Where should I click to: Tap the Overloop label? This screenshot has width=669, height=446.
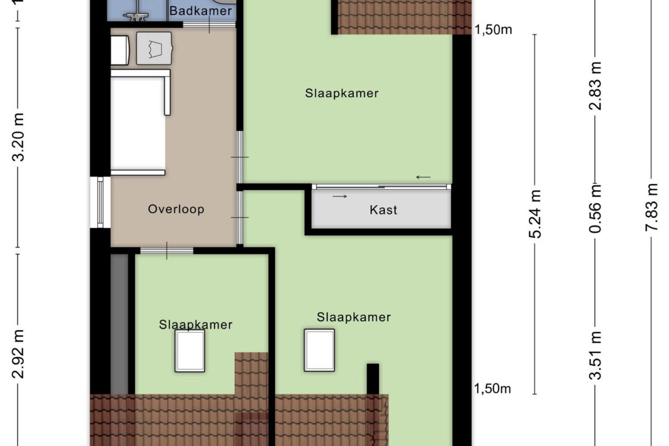(176, 209)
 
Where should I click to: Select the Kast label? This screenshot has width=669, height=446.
(383, 210)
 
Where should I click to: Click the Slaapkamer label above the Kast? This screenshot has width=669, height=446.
(342, 93)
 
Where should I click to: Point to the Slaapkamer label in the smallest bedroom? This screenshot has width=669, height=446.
(196, 325)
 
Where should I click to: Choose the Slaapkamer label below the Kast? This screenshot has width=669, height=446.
(354, 317)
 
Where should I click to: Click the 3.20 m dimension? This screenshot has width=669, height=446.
(19, 138)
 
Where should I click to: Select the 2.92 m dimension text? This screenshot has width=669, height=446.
(19, 354)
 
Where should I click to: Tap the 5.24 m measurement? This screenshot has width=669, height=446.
(536, 214)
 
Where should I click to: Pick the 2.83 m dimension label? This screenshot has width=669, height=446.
(596, 86)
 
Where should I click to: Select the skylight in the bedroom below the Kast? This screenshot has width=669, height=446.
(320, 350)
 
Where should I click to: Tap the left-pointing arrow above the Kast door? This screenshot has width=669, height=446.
(423, 177)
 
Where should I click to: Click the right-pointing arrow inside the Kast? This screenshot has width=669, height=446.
(340, 196)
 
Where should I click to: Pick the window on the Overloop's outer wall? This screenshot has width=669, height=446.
(99, 202)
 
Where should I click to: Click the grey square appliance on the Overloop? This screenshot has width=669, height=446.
(154, 48)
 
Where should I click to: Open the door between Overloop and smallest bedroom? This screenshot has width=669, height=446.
(167, 251)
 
